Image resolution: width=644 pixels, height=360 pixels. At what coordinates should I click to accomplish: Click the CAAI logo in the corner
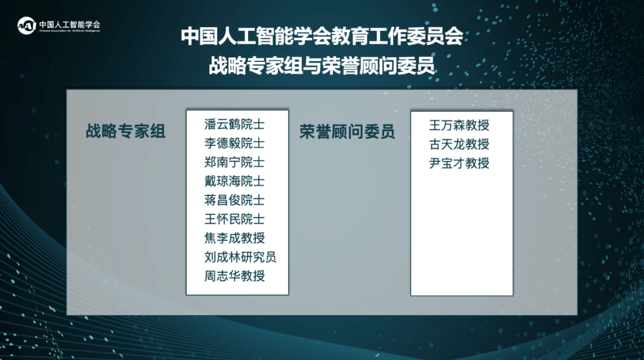click(x=27, y=26)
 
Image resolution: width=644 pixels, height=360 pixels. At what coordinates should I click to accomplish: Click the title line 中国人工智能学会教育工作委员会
click(x=322, y=36)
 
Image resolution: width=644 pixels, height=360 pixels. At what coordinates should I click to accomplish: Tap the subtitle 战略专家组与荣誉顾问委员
click(x=321, y=66)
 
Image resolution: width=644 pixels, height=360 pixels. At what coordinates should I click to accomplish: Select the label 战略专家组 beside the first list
click(x=125, y=131)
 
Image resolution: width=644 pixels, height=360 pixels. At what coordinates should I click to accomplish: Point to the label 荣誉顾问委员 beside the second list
click(x=347, y=131)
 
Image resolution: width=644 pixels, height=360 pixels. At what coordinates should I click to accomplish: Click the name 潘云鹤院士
click(x=234, y=125)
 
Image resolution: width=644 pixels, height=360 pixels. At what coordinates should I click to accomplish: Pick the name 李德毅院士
click(x=234, y=143)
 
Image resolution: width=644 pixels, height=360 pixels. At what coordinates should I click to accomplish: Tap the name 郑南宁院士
click(x=234, y=162)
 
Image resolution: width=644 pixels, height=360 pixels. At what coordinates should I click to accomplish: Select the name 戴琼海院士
click(x=234, y=181)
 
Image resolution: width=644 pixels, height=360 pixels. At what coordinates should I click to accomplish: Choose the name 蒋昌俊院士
click(x=234, y=200)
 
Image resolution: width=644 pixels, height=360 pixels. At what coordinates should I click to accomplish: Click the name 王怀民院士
click(x=234, y=219)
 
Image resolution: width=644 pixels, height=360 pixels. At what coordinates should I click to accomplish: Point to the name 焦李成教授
click(x=234, y=238)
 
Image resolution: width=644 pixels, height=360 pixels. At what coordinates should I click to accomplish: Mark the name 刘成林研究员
click(x=240, y=257)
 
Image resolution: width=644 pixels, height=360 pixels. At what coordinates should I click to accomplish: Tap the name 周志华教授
click(x=234, y=276)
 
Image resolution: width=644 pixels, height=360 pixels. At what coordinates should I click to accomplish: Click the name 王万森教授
click(x=459, y=125)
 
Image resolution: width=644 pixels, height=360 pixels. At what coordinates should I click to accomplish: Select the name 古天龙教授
click(x=459, y=144)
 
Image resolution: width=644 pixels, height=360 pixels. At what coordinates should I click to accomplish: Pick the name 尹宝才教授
click(x=459, y=163)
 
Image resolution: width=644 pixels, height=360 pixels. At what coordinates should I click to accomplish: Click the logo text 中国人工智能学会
click(x=70, y=24)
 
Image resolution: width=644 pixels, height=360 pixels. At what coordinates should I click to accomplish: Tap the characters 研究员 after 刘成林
click(x=258, y=257)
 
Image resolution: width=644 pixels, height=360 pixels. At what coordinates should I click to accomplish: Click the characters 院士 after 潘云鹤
click(x=253, y=125)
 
